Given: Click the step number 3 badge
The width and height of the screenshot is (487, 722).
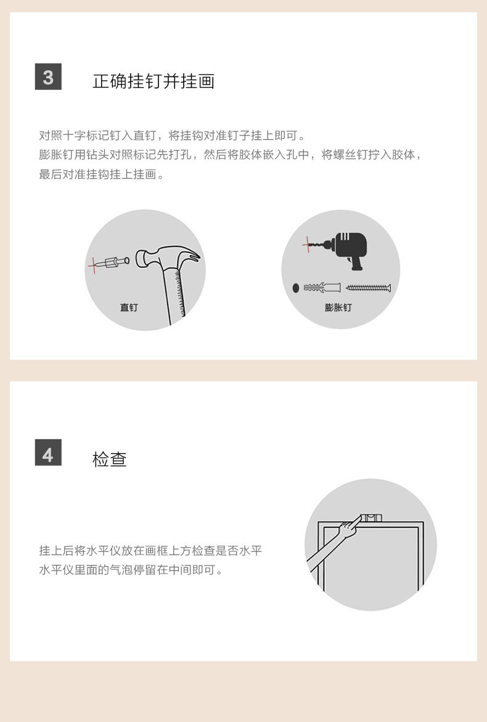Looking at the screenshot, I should click(48, 76).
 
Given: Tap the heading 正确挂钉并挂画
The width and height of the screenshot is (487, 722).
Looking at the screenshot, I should click(153, 81).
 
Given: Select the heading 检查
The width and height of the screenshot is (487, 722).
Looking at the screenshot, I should click(110, 459).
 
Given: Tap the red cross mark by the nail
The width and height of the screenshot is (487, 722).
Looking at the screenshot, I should click(93, 266).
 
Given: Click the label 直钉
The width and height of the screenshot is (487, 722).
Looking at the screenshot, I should click(129, 307).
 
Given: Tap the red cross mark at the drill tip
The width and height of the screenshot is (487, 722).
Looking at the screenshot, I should click(308, 244).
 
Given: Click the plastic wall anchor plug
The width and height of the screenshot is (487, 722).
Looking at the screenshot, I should click(322, 288).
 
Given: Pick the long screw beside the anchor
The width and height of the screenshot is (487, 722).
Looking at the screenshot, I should click(368, 288).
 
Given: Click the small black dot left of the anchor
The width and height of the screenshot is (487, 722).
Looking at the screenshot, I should click(296, 288).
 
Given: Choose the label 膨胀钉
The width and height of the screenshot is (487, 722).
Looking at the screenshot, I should click(338, 307).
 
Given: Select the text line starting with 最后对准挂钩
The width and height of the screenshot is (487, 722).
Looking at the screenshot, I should click(102, 174).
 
